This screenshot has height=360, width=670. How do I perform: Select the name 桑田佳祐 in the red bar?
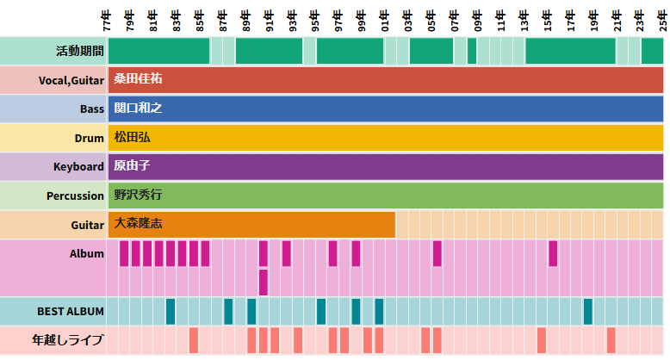coord(139,79)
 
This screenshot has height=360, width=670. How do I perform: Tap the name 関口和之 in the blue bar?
coord(138,109)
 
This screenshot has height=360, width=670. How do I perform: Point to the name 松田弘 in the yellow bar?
coord(132,138)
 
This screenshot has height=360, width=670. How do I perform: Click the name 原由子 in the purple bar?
coord(132,166)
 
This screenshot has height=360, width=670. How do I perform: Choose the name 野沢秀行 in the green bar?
coord(138,195)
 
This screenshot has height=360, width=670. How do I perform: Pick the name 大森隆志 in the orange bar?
coord(138,224)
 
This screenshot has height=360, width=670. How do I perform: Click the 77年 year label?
coord(107,19)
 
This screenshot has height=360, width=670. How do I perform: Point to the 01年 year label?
coord(385,19)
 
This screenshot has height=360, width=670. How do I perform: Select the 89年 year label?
coord(246,19)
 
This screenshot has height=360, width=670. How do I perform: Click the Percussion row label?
coord(75,196)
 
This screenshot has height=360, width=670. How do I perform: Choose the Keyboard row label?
coord(78,166)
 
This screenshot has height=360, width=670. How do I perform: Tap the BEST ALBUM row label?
coord(71,311)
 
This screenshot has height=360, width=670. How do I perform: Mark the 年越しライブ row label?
coord(67,340)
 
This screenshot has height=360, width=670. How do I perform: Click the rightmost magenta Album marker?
coord(553,253)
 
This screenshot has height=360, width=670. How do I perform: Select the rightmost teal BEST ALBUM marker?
coord(588,311)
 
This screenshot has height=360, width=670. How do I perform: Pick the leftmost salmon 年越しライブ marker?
coord(194,340)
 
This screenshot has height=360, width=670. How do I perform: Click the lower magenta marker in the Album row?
coord(264,282)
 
